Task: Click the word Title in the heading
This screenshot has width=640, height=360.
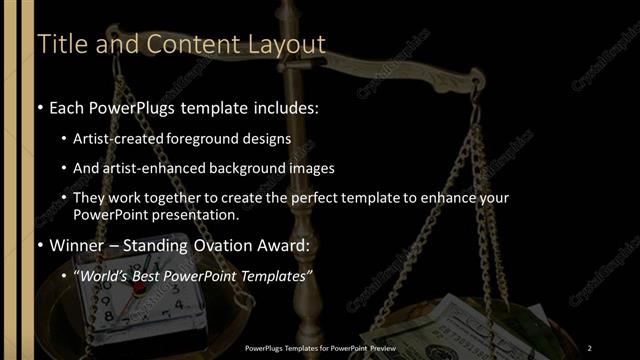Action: tap(59, 45)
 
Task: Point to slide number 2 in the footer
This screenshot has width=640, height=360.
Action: tap(590, 347)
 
